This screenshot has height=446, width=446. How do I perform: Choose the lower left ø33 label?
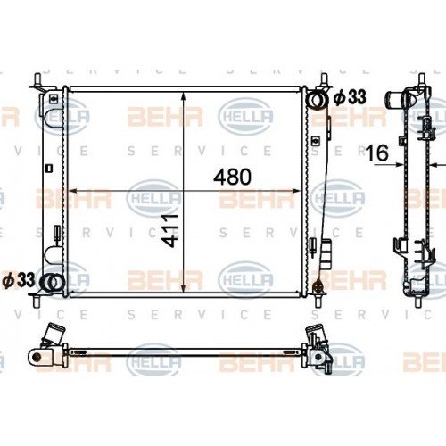point(19,279)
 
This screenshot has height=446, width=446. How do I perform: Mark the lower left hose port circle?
point(53,282)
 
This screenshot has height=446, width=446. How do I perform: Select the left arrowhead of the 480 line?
point(73,190)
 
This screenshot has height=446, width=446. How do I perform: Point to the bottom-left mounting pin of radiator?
point(37,301)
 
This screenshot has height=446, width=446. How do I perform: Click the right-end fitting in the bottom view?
point(318,351)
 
